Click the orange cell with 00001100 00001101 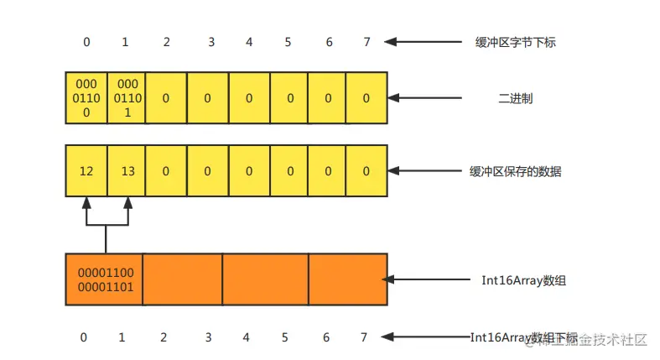105,280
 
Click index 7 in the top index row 366,42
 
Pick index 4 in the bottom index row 246,337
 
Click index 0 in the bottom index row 84,337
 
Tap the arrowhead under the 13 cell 127,203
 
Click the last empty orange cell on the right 348,280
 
